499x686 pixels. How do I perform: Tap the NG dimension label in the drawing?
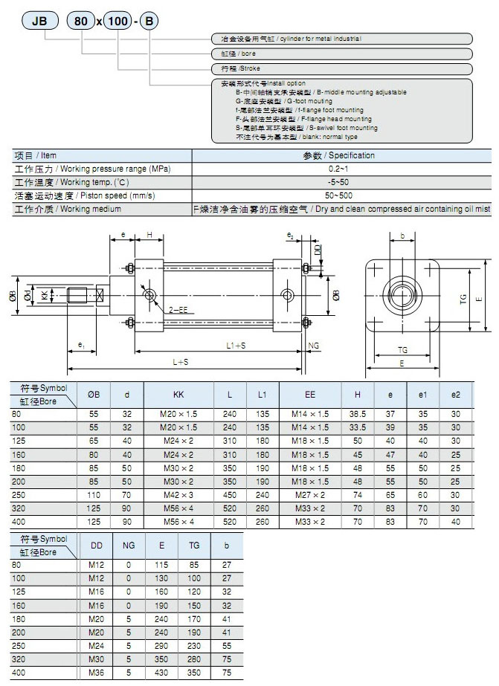point(314,346)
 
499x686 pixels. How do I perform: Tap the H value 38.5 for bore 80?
point(358,414)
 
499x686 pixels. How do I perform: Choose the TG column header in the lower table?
point(194,546)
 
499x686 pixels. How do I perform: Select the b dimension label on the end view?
point(402,237)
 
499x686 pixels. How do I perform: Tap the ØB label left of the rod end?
point(13,295)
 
